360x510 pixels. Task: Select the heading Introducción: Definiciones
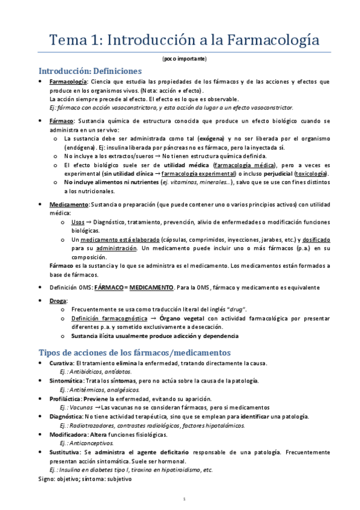click(90, 71)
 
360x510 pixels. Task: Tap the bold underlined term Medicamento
click(69, 205)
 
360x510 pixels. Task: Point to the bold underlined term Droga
click(59, 300)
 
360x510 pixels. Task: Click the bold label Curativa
click(62, 363)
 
